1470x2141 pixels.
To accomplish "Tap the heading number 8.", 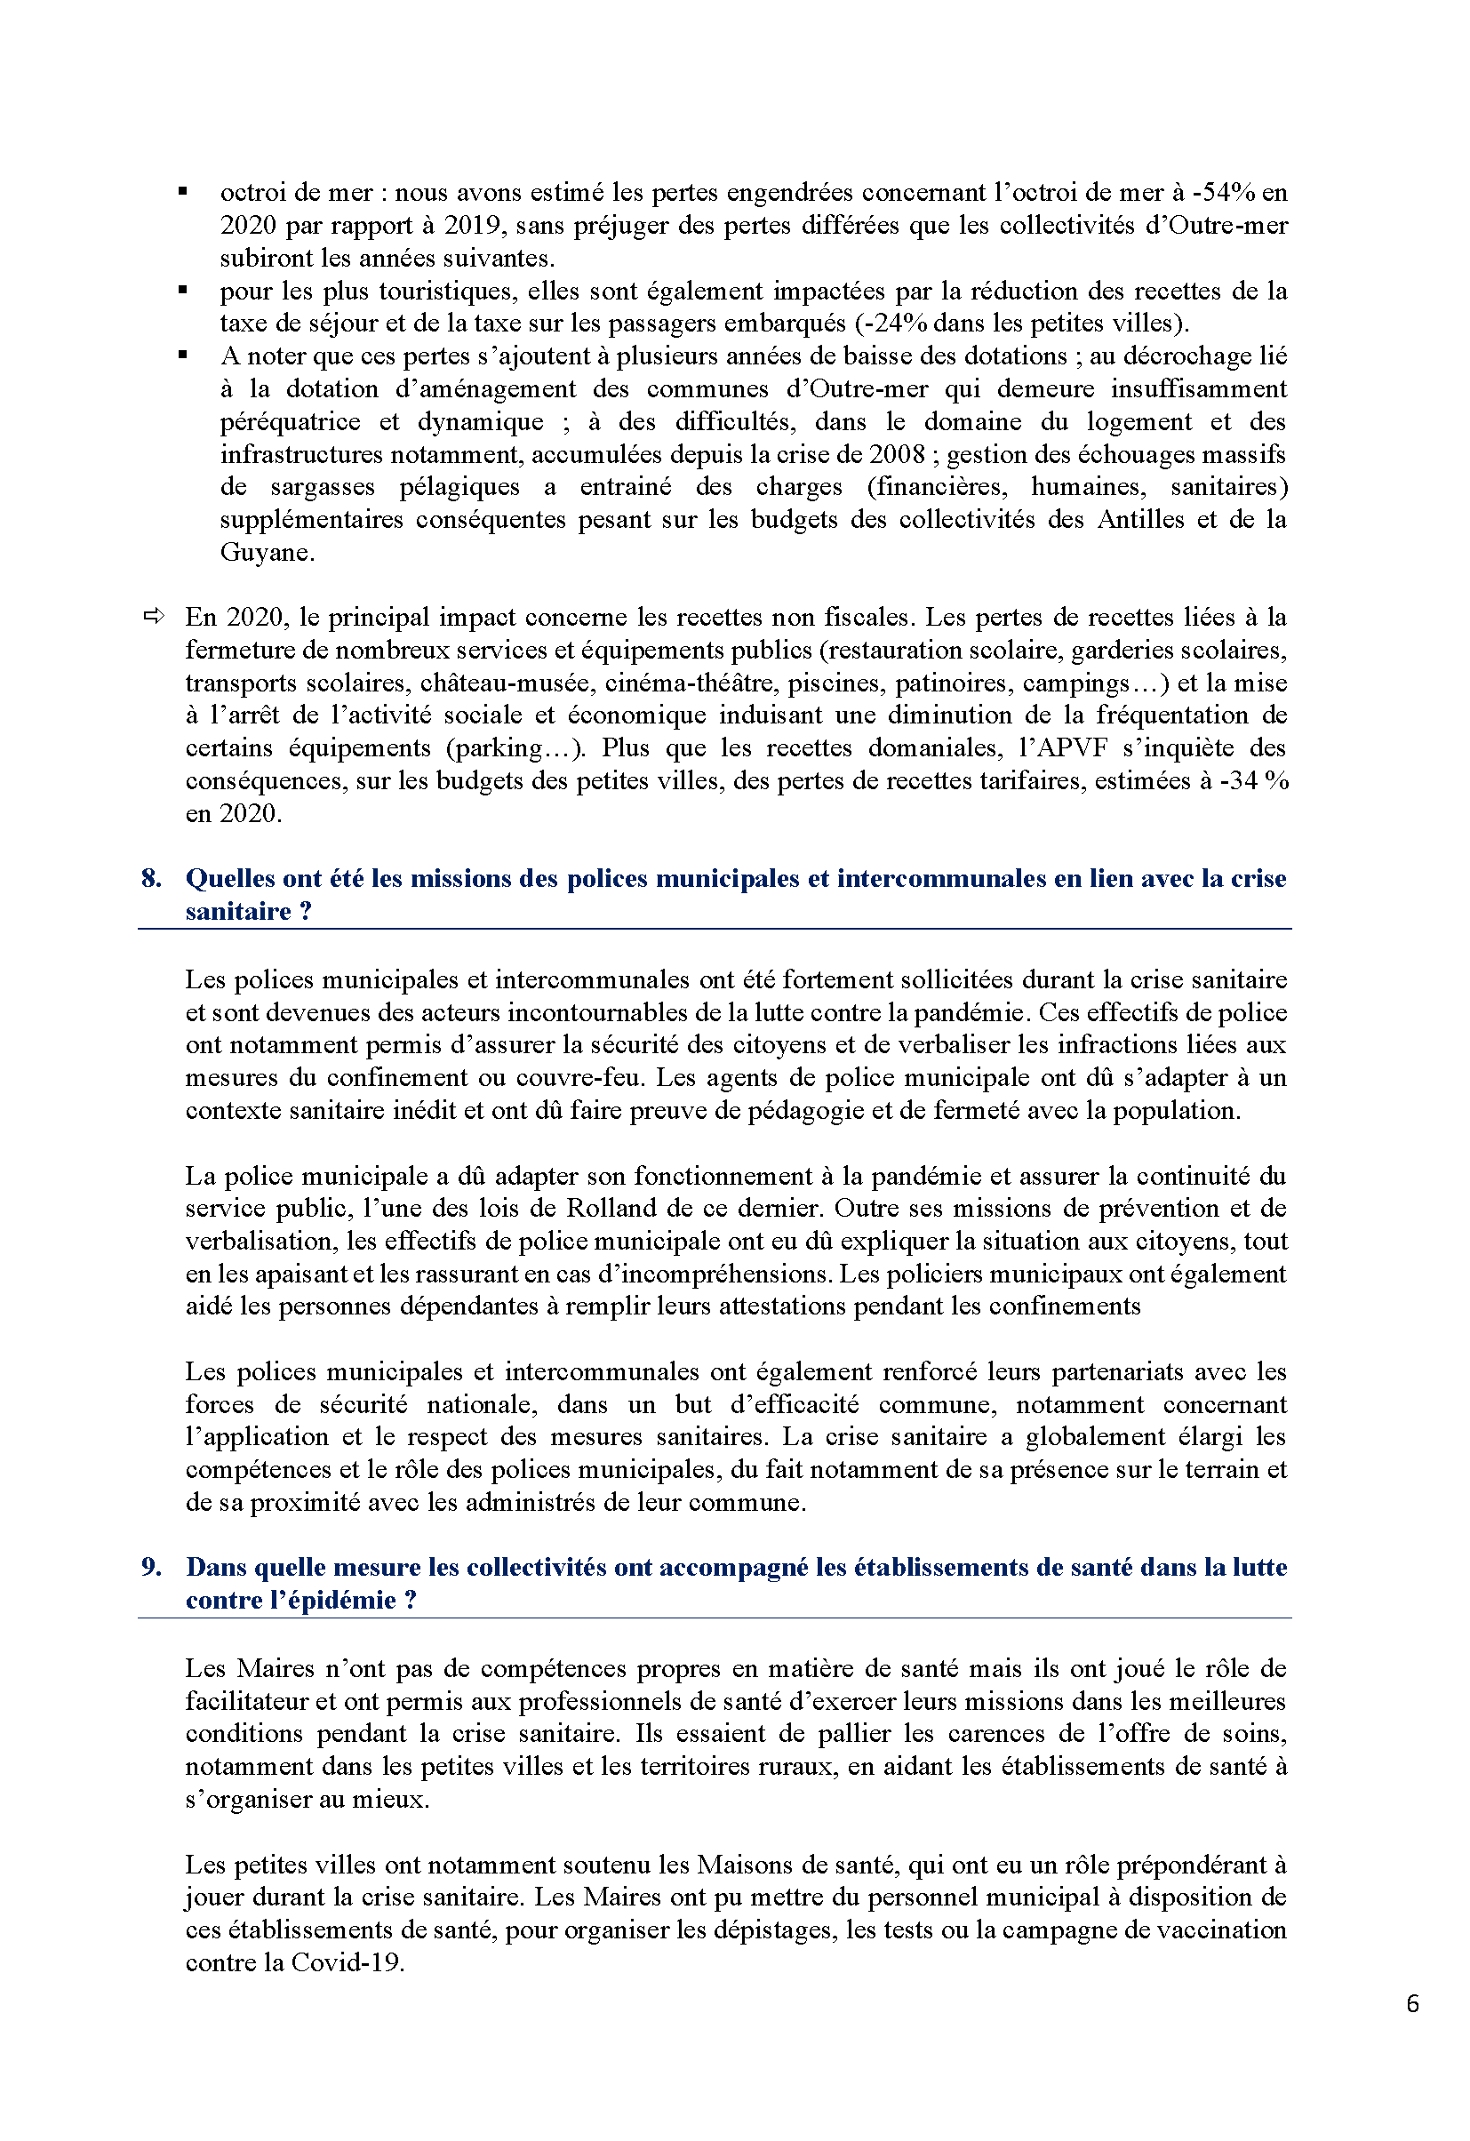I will coord(151,878).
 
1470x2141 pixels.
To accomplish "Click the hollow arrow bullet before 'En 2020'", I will coord(153,615).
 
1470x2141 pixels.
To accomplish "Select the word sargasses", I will coord(323,486).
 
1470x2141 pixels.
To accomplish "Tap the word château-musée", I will coord(484,683).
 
